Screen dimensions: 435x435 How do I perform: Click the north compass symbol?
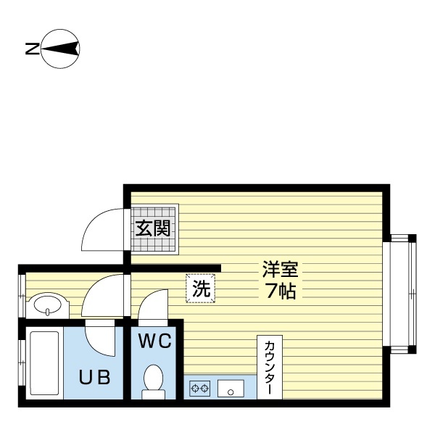pos(61,49)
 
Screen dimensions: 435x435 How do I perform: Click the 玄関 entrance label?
pos(153,229)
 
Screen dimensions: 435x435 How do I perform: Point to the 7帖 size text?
pos(280,292)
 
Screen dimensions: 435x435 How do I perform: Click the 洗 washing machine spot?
pos(201,288)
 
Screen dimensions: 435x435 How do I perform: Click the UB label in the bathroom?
pos(95,377)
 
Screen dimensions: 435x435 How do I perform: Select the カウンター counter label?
pos(268,366)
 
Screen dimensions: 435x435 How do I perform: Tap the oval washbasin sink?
pos(49,304)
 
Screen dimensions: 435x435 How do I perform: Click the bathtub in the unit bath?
pos(44,362)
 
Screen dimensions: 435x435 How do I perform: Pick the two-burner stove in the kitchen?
pos(200,389)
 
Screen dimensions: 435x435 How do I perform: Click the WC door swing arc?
pos(152,306)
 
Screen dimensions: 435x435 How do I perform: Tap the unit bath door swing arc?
pos(100,336)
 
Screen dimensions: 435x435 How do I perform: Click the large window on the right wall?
pos(401,294)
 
